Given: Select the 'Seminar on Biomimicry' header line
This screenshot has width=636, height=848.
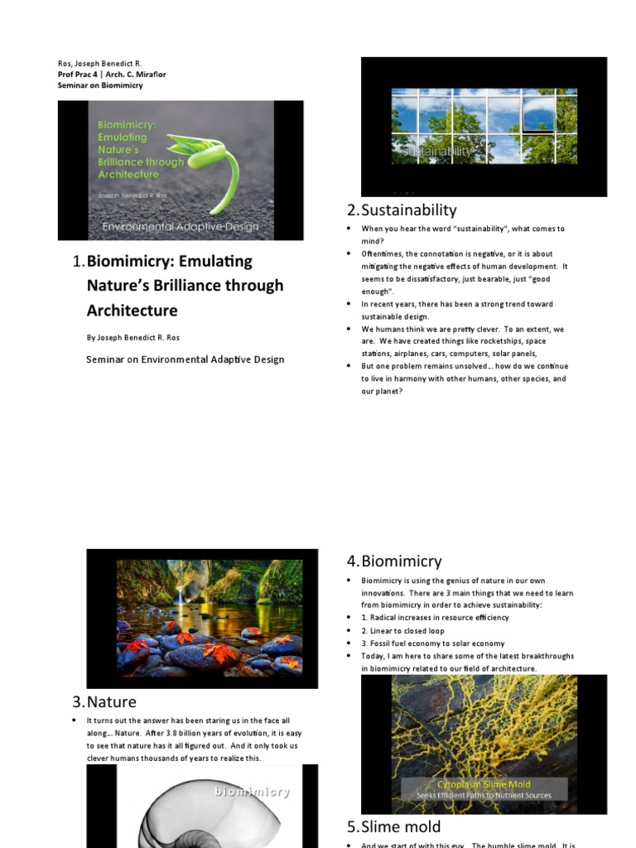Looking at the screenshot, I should [x=100, y=85].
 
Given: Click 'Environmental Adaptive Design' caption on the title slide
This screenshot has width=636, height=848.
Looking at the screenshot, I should [x=180, y=226].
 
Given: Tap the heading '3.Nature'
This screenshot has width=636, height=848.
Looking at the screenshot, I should [x=104, y=702].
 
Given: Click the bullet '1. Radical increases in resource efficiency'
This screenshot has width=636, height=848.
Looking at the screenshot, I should [x=435, y=618].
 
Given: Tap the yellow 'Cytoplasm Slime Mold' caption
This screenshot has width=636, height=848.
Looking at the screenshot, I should [x=484, y=783].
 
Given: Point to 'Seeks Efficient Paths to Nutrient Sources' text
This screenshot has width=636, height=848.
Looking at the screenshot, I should [x=484, y=796].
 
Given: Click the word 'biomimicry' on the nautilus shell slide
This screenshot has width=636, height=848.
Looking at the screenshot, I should [x=252, y=792].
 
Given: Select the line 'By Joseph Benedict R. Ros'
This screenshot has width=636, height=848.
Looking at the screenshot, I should [x=133, y=338].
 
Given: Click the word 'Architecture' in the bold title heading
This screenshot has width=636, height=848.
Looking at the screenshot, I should [x=132, y=311].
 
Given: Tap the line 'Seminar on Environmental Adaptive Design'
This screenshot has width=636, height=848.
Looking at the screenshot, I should [x=185, y=359].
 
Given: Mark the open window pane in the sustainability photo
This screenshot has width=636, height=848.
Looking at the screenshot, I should [x=538, y=115].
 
